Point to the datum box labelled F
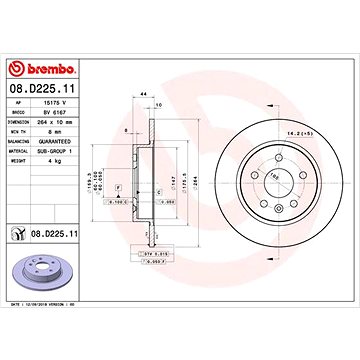(x=117, y=187)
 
